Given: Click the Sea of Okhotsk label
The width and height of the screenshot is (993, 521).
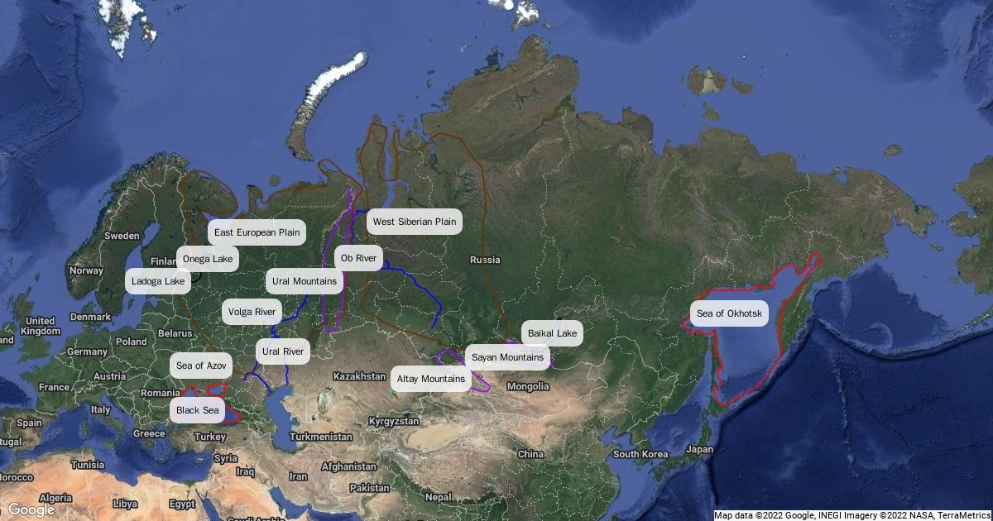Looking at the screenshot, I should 728,313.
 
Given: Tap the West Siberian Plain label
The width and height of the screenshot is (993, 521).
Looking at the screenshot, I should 414,222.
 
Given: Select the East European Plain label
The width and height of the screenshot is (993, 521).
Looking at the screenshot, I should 257,232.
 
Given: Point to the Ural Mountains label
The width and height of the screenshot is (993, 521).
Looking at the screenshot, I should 305,281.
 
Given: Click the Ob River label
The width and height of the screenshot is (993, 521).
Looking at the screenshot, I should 358,259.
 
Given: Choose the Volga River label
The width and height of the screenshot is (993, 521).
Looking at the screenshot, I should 252,312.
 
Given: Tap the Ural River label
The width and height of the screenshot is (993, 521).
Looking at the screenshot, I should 282,351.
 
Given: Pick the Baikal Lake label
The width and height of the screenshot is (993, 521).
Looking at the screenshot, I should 552,333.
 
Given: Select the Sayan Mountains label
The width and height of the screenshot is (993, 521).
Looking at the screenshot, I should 508,357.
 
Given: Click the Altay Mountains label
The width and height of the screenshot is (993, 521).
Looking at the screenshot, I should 430,379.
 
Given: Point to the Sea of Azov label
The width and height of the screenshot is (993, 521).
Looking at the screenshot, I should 200,365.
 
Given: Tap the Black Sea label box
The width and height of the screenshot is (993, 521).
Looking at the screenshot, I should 198,410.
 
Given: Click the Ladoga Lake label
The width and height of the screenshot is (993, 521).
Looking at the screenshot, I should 158,281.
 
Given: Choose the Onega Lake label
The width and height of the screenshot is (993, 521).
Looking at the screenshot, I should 208,259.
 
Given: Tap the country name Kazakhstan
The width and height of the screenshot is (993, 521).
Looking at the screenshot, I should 359,376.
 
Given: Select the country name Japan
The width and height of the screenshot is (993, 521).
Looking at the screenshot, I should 699,450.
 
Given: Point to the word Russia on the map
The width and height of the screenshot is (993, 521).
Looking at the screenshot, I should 485,260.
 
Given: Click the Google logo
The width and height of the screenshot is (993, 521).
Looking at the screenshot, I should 31,509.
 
